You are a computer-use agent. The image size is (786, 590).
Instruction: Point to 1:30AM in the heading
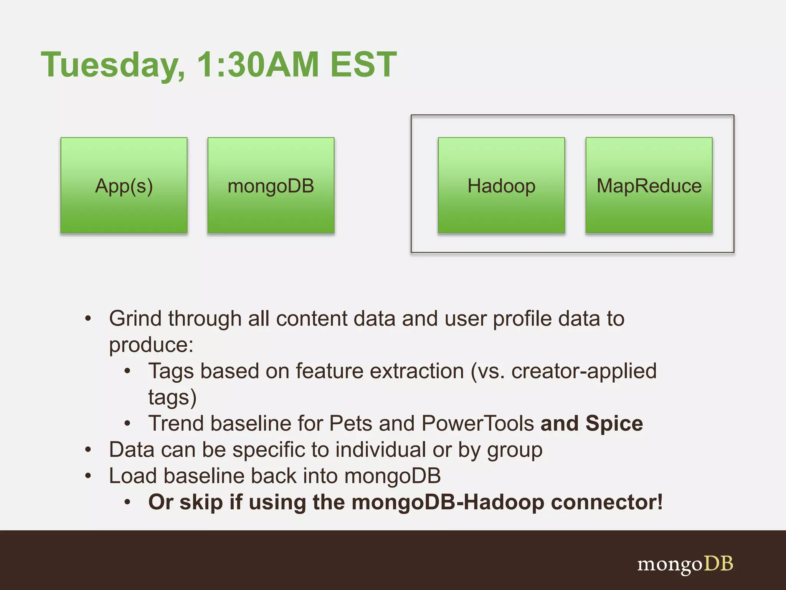tap(258, 64)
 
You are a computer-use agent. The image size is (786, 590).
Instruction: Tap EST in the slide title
tap(363, 64)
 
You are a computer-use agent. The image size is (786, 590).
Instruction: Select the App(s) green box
tap(124, 186)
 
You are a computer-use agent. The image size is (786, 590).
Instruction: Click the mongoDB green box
tap(271, 186)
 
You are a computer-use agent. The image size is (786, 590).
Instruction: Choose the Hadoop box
tap(501, 186)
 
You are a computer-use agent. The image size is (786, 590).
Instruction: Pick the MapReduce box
tap(649, 186)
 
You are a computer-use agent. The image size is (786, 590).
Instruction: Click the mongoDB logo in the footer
tap(685, 564)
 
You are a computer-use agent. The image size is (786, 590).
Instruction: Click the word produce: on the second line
tap(151, 345)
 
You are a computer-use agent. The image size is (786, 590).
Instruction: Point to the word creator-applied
tap(584, 371)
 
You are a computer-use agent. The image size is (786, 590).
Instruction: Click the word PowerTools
tap(477, 423)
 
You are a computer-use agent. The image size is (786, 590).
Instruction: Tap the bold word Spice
tap(614, 423)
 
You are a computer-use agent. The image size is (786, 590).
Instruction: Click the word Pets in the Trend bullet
tap(350, 423)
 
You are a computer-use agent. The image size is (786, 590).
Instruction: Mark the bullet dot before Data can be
tap(88, 449)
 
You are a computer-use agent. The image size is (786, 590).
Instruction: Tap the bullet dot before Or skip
tap(128, 502)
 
